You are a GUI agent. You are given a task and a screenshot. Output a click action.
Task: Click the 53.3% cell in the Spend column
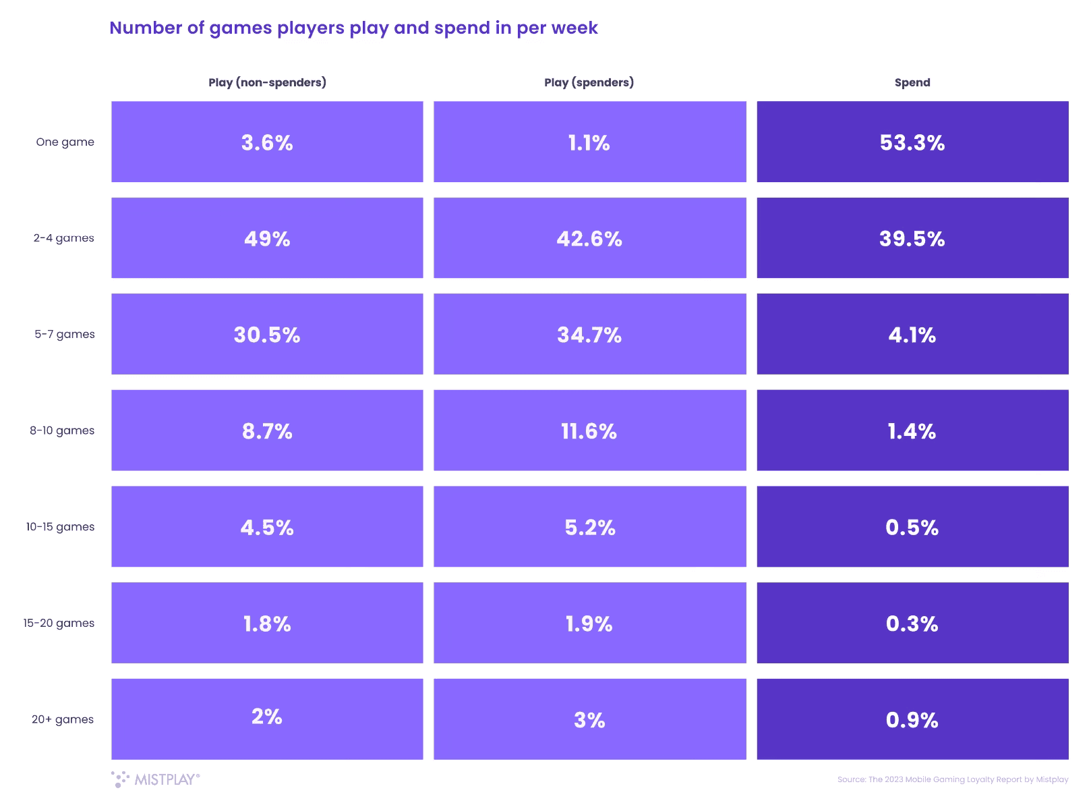pyautogui.click(x=912, y=142)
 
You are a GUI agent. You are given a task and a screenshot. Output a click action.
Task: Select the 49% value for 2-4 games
pyautogui.click(x=267, y=238)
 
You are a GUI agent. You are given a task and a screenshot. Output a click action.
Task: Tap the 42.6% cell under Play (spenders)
pyautogui.click(x=589, y=238)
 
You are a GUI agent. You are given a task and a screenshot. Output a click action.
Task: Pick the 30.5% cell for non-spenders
pyautogui.click(x=267, y=334)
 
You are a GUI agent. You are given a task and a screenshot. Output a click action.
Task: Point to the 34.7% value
pyautogui.click(x=589, y=334)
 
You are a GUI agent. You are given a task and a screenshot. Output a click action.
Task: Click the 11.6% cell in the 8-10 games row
pyautogui.click(x=589, y=431)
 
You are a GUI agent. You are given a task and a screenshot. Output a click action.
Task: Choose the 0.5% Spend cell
pyautogui.click(x=912, y=527)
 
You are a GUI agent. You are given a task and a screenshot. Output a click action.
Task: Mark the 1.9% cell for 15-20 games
pyautogui.click(x=589, y=623)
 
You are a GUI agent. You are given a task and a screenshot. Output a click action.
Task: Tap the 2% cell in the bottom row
pyautogui.click(x=267, y=717)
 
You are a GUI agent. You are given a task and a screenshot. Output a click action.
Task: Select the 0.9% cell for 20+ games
pyautogui.click(x=912, y=719)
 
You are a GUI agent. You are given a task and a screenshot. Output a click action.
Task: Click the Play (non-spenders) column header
pyautogui.click(x=267, y=82)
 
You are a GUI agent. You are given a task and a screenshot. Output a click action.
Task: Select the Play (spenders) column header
pyautogui.click(x=589, y=82)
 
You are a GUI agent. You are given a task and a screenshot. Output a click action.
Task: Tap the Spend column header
pyautogui.click(x=912, y=82)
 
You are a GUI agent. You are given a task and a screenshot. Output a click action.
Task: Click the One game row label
pyautogui.click(x=65, y=142)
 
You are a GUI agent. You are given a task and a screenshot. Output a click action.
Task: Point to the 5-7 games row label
pyautogui.click(x=65, y=334)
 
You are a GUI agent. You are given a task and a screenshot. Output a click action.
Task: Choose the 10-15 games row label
pyautogui.click(x=61, y=527)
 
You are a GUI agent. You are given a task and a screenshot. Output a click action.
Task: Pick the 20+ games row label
pyautogui.click(x=63, y=719)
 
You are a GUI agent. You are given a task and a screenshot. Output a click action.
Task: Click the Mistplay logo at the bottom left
pyautogui.click(x=156, y=779)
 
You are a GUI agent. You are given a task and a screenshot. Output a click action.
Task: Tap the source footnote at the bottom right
pyautogui.click(x=952, y=779)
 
